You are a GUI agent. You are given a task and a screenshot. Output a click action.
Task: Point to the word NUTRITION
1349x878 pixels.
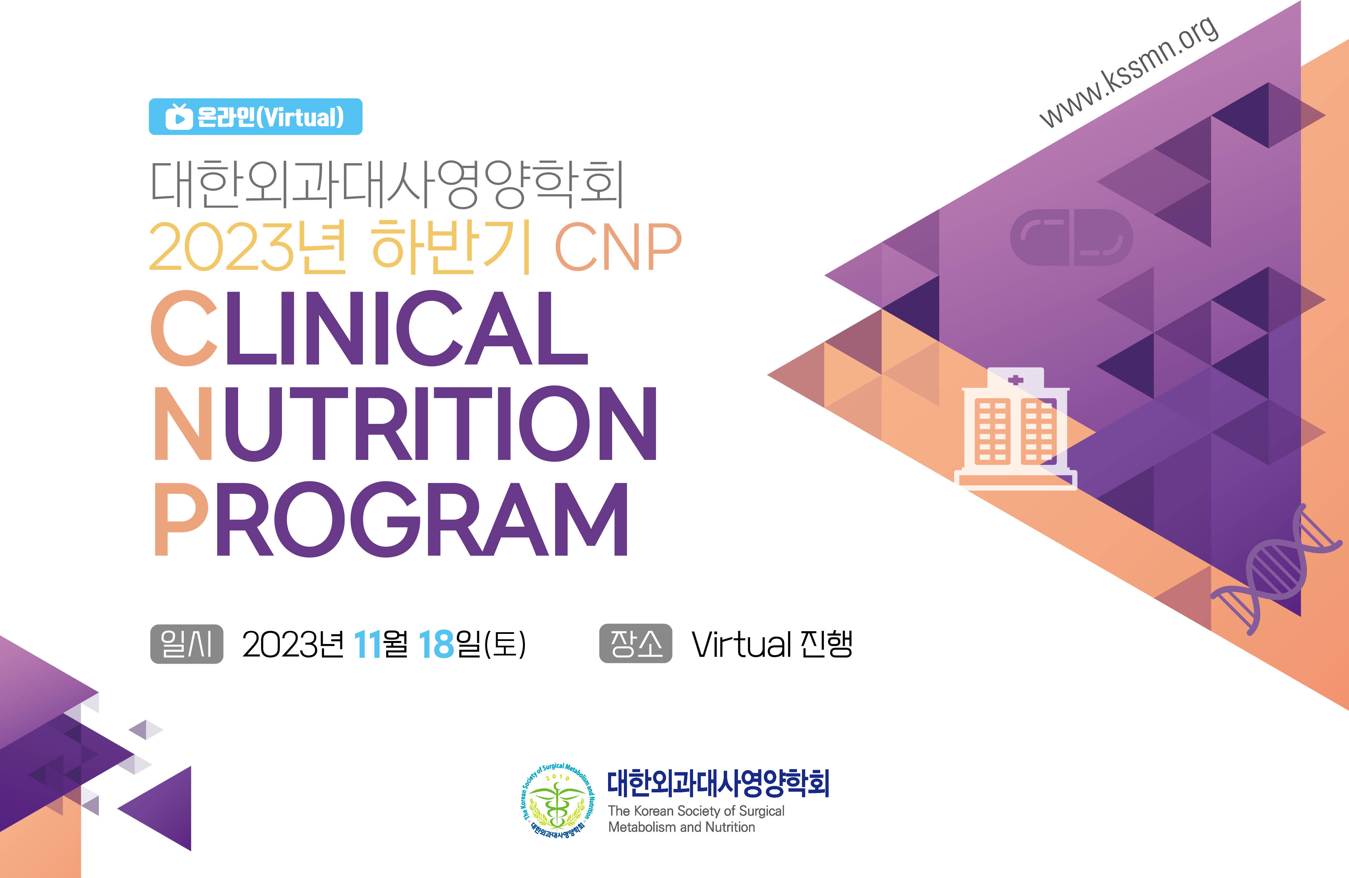click(x=406, y=423)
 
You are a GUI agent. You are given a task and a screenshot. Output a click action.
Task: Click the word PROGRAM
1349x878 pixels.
click(x=391, y=519)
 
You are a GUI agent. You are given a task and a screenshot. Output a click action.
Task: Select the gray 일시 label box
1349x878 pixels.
click(x=186, y=644)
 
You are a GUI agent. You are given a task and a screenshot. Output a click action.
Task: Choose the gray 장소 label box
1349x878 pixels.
click(x=635, y=643)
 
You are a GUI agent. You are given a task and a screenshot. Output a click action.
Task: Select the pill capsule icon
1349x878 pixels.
click(x=1071, y=237)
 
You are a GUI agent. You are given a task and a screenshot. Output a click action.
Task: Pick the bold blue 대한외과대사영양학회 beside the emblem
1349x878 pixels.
click(x=718, y=783)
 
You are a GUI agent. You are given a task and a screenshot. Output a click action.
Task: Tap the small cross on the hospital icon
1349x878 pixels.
click(x=1016, y=380)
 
